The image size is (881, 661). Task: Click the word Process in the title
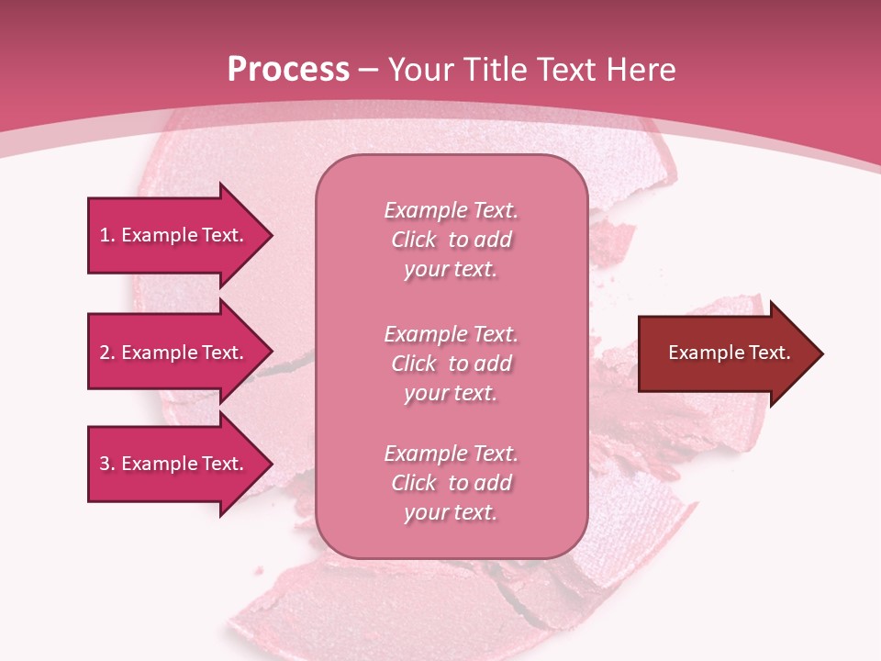click(288, 70)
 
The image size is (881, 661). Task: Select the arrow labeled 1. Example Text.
click(174, 235)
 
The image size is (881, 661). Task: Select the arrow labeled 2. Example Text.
click(174, 353)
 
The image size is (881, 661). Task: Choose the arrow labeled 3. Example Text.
click(174, 464)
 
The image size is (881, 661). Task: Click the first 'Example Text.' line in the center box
click(451, 210)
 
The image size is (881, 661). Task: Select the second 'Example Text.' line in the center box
click(451, 334)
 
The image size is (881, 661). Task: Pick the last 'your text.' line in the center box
click(451, 512)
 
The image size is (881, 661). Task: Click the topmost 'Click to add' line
click(451, 240)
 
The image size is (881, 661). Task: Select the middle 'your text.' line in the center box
click(451, 393)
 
